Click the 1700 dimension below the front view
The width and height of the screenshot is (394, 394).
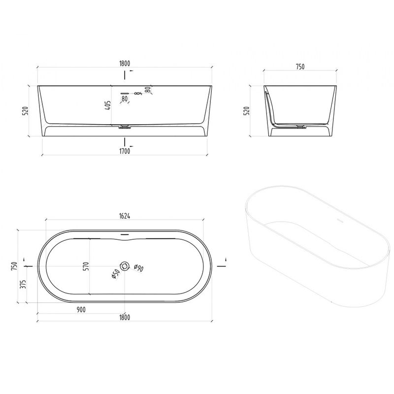pos(125,151)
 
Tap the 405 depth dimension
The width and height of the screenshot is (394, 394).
pos(107,106)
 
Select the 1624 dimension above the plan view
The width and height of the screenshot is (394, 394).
pos(125,216)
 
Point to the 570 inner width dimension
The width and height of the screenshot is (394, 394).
pos(86,266)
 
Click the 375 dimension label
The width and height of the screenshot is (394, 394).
pos(23,284)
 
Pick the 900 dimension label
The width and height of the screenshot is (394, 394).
pos(81,310)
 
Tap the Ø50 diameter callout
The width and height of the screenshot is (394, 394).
pos(115,274)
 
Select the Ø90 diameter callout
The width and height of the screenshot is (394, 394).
pos(139,268)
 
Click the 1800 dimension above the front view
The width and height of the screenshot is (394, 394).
pos(125,64)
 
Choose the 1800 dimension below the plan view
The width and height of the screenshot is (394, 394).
pos(125,317)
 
